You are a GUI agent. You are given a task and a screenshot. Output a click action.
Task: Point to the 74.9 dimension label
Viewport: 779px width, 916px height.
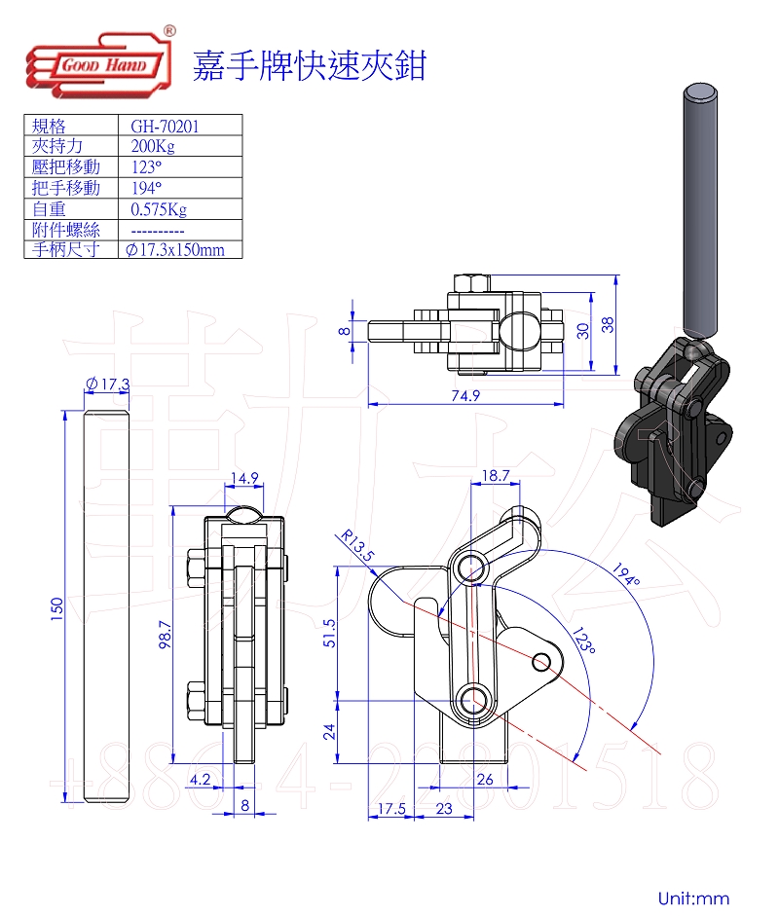465,395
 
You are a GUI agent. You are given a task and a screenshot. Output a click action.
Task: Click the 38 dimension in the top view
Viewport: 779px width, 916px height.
608,325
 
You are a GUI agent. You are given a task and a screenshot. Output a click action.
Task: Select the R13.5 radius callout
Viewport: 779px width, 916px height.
357,545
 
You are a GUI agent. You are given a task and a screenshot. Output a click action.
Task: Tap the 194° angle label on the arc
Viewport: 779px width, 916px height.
626,573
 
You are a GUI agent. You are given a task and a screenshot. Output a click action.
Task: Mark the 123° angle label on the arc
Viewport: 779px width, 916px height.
584,641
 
